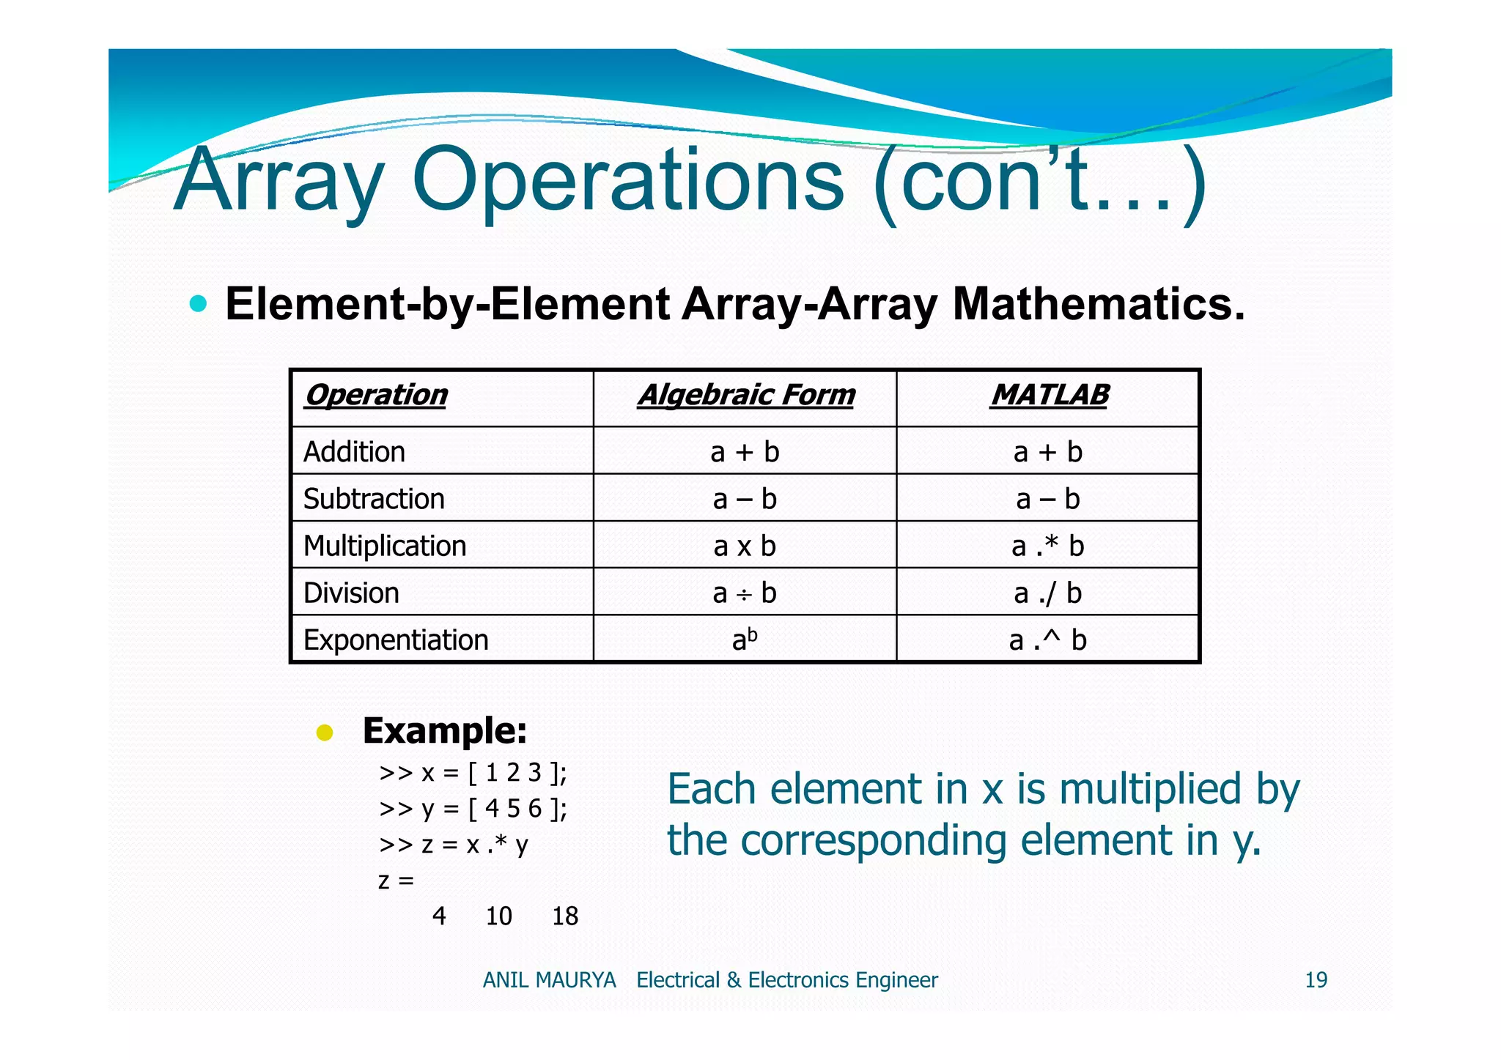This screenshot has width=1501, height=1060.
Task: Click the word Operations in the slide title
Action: (627, 182)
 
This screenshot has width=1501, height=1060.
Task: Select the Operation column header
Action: (376, 396)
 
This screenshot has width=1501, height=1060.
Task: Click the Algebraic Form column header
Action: (745, 396)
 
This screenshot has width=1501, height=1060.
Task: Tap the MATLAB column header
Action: (1049, 396)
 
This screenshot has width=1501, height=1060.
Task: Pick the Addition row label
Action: (354, 452)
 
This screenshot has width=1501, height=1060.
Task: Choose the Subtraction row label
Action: (374, 499)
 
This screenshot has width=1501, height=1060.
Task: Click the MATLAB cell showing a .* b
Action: (1047, 546)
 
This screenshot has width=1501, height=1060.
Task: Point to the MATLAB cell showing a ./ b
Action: (1047, 593)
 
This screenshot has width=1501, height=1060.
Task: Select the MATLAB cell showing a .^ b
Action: (1047, 640)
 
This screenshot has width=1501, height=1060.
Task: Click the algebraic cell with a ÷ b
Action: (745, 593)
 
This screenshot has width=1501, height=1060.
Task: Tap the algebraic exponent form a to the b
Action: (745, 640)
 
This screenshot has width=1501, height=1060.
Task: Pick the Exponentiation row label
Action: (396, 640)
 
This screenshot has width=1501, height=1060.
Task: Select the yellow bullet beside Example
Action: (325, 733)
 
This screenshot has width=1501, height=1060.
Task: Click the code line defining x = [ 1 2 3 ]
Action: (473, 773)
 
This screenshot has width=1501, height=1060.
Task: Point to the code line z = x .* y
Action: (454, 845)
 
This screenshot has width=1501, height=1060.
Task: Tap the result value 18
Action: (564, 916)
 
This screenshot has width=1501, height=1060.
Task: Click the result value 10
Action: (498, 916)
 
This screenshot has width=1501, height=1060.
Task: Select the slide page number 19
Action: (1316, 980)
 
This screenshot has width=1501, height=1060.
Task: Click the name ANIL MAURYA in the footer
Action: (549, 980)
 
